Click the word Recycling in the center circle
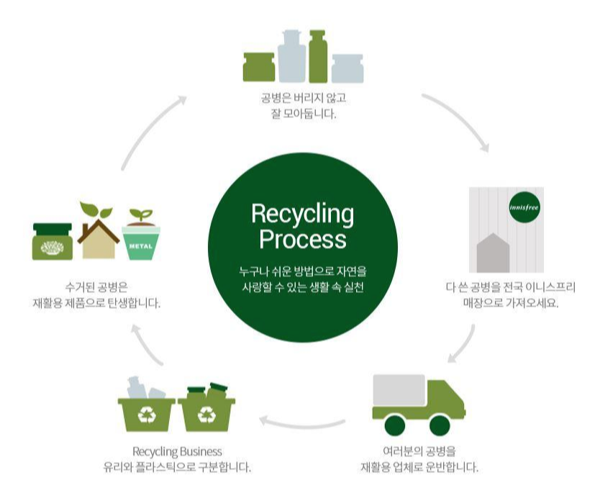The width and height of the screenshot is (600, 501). [302, 214]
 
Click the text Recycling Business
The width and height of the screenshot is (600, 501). [177, 451]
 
